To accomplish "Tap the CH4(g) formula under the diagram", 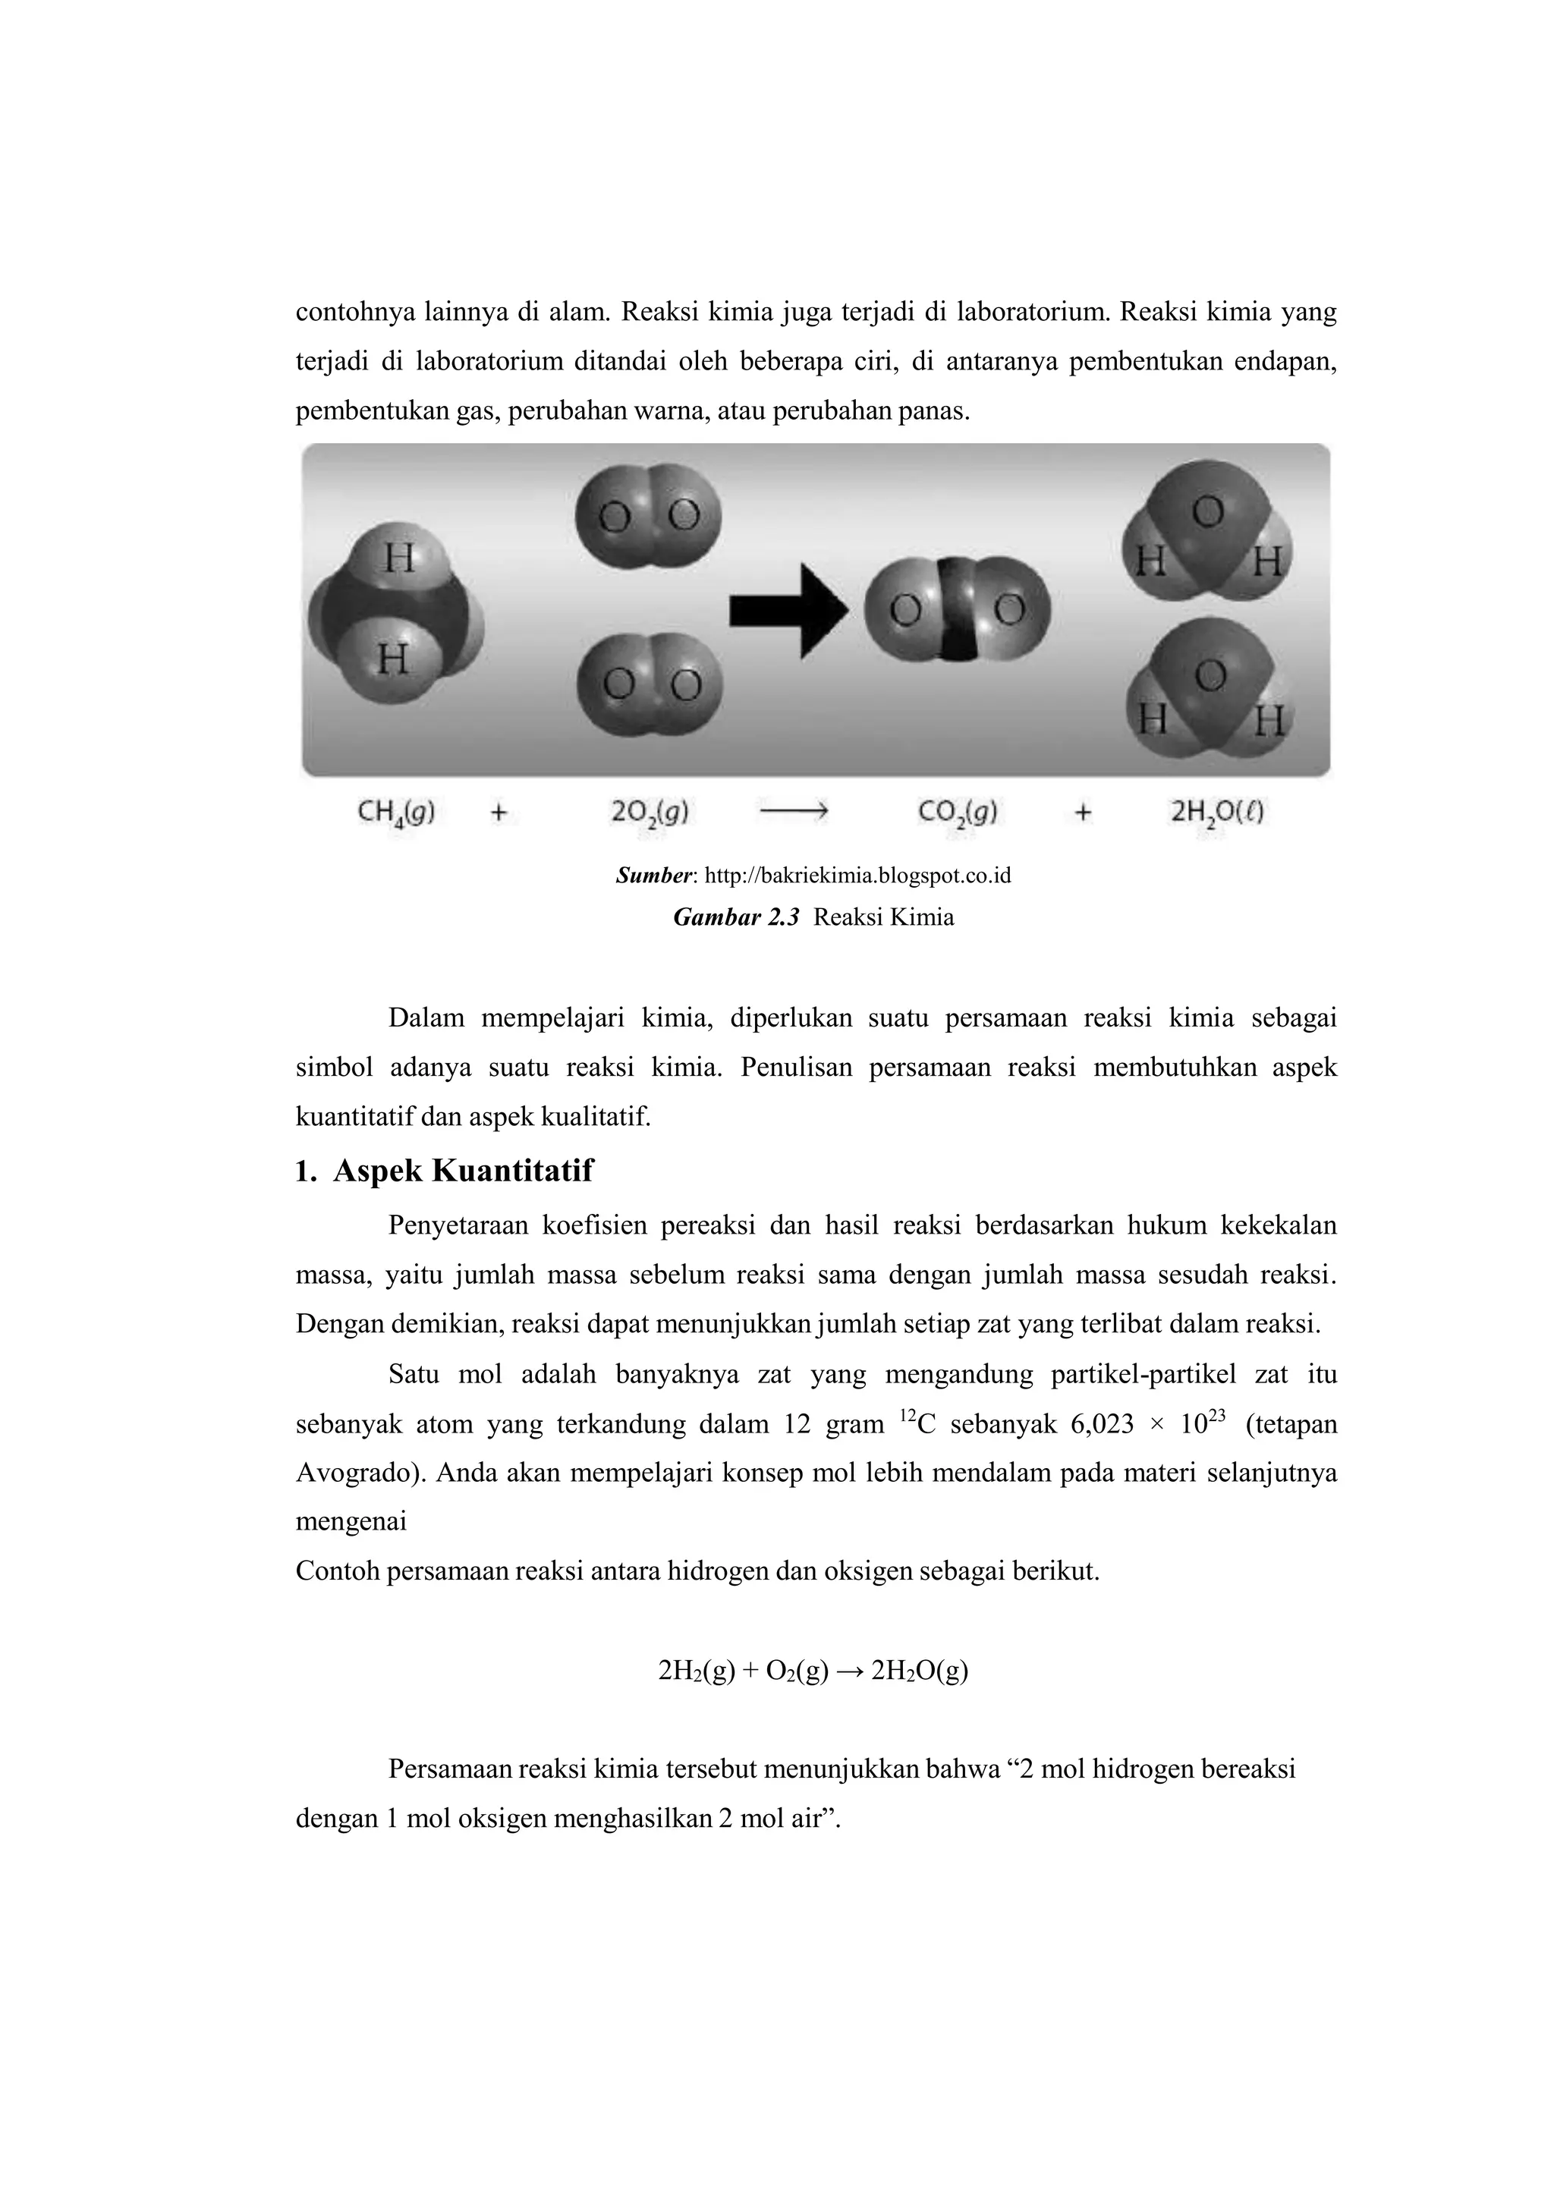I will pos(396,813).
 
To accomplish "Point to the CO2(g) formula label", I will pos(957,813).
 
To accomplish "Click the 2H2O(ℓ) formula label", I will pos(1217,813).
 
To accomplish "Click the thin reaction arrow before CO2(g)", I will pos(793,813).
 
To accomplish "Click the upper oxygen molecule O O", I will pos(648,517).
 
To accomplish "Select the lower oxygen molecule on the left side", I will pos(650,685).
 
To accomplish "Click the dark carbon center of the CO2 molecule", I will pos(953,612).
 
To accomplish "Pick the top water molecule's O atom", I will pos(1207,512).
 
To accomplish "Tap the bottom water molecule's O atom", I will pos(1210,677).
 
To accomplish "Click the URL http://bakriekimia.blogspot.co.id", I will pos(857,876).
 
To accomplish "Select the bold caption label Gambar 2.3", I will pos(736,917).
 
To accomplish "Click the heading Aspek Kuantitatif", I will pos(462,1171).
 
